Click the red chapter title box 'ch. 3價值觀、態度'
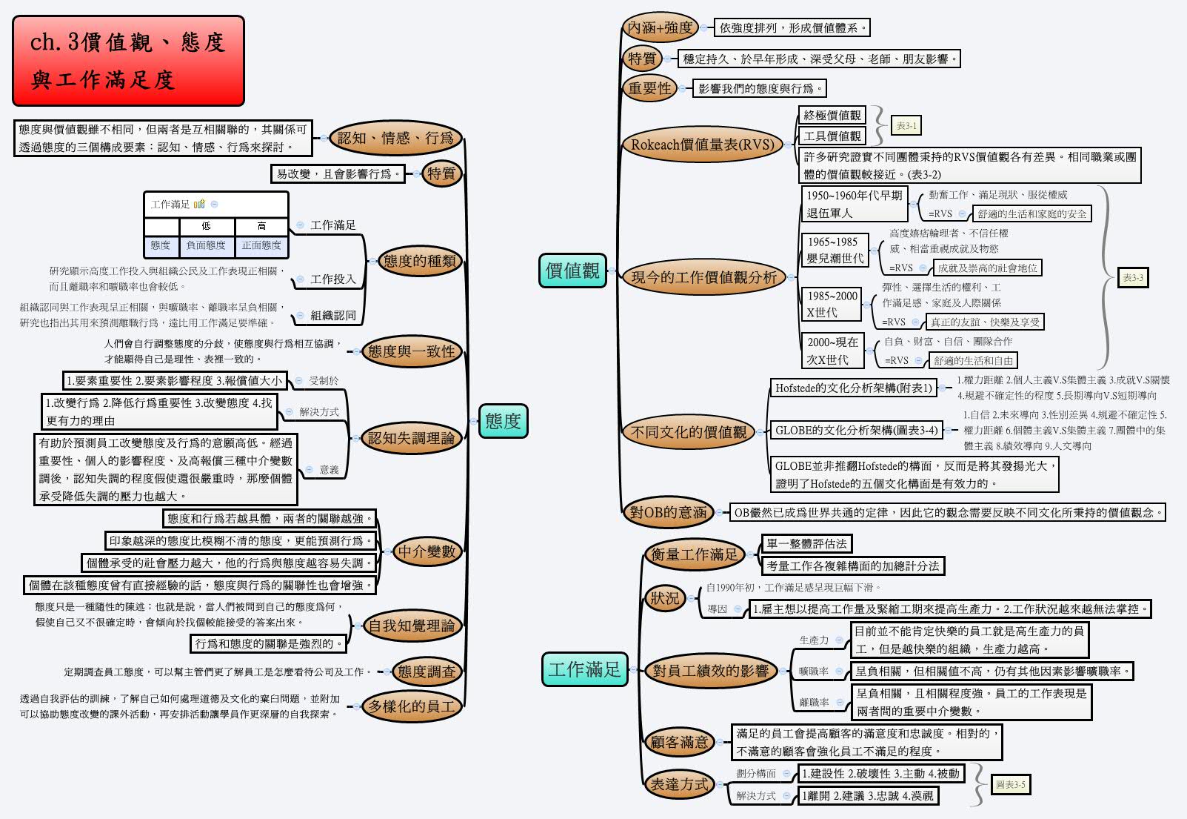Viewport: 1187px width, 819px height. click(128, 61)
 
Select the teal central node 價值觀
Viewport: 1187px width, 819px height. click(572, 271)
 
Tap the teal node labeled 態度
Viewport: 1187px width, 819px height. click(503, 421)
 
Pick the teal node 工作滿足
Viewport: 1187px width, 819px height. click(584, 669)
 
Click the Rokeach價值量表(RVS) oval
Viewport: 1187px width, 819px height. click(701, 145)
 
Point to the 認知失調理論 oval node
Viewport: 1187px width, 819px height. click(411, 438)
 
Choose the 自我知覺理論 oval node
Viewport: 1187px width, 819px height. click(411, 626)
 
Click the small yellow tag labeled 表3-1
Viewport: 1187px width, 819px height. click(906, 126)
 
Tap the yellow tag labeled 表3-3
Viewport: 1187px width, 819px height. click(1132, 278)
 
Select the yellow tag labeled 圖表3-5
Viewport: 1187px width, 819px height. click(1011, 784)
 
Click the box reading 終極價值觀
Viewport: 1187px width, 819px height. click(832, 115)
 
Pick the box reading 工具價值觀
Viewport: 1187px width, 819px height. click(832, 136)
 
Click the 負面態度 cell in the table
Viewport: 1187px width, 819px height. click(206, 245)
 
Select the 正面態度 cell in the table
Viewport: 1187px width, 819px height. click(261, 245)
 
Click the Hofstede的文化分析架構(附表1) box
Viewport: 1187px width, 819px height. click(853, 388)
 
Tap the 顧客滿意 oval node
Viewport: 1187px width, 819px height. click(679, 742)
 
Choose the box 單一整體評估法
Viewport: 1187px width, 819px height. click(806, 543)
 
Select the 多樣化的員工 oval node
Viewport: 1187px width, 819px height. click(412, 706)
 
